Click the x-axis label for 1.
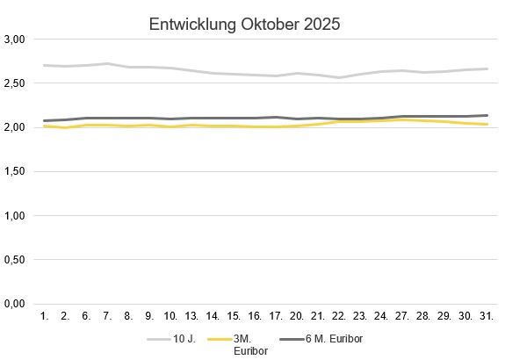43,315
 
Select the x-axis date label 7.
106,315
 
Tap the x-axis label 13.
191,315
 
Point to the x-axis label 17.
275,315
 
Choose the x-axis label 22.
338,315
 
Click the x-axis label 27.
401,315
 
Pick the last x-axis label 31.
486,315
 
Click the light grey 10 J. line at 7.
106,63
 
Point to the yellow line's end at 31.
486,125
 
